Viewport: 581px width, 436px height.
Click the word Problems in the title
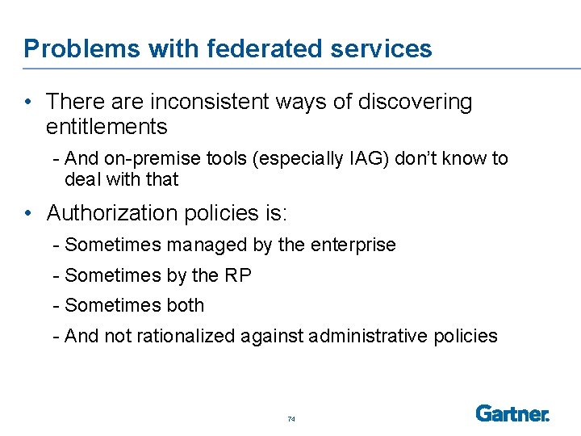point(71,49)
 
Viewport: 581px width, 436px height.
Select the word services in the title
point(382,49)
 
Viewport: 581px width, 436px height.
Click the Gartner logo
point(512,413)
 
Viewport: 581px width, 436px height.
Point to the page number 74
point(291,419)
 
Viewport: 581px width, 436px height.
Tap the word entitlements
point(107,127)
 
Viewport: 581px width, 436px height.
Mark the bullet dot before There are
point(28,103)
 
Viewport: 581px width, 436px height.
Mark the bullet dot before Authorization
point(28,214)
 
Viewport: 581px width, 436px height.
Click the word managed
point(196,245)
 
